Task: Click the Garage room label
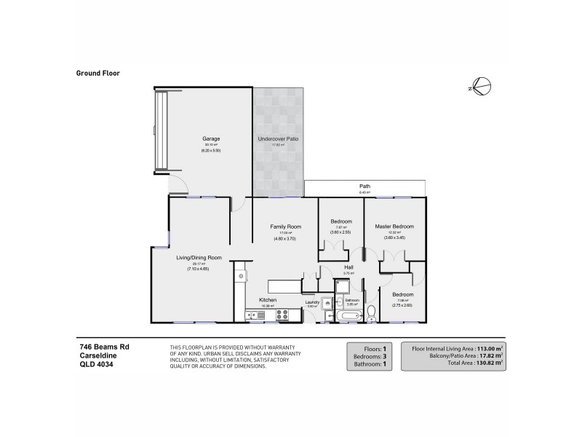coord(211,138)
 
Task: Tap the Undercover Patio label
coord(279,138)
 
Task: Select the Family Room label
coord(285,227)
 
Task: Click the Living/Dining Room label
coord(199,257)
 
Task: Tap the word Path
coord(364,186)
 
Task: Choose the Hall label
coord(348,267)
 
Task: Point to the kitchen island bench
coord(284,286)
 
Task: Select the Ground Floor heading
coord(97,73)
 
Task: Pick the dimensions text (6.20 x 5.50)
coord(211,151)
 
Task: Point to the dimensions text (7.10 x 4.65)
coord(199,269)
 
